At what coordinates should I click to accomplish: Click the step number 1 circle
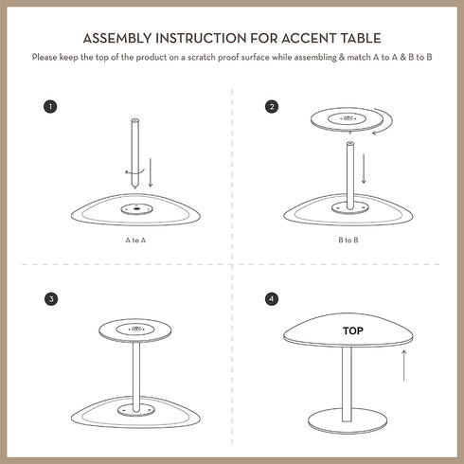click(x=50, y=106)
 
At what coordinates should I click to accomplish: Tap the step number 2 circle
click(x=273, y=106)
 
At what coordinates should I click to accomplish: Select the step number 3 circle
click(x=50, y=299)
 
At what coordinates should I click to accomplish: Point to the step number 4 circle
click(x=273, y=299)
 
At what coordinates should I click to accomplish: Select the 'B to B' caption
click(x=347, y=241)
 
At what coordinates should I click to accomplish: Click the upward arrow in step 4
click(x=405, y=365)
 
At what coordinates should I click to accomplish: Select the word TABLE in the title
click(x=357, y=39)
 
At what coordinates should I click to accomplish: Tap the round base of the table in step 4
click(x=347, y=419)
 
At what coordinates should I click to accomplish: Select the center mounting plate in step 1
click(x=136, y=208)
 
